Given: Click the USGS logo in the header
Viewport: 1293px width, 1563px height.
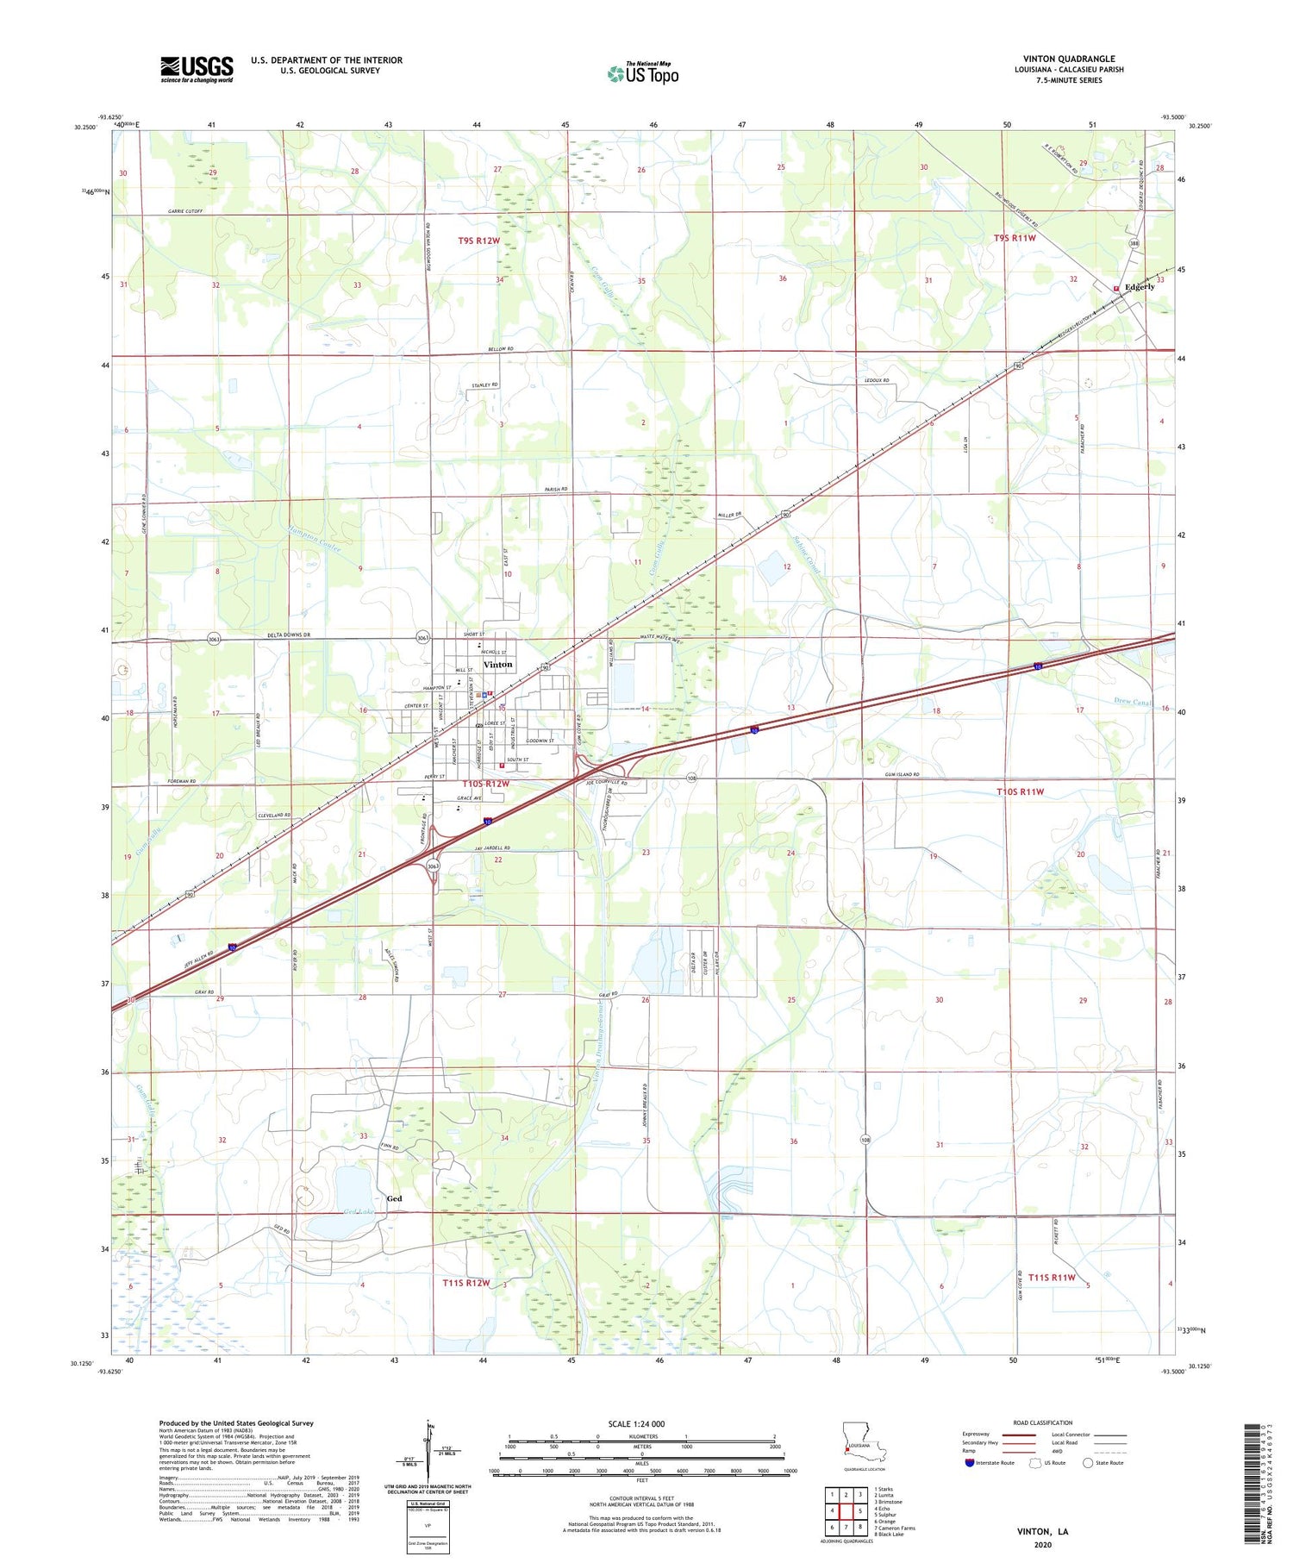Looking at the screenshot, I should click(x=196, y=69).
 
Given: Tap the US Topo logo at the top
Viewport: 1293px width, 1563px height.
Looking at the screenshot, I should click(x=643, y=73).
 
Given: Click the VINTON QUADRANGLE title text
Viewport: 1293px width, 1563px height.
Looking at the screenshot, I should click(x=1069, y=59).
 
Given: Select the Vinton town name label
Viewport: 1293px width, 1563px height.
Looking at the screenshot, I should click(x=497, y=665).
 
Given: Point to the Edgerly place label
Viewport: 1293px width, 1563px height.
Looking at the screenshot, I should click(x=1139, y=286).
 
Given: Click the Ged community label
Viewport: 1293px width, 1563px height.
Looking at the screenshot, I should click(x=395, y=1198).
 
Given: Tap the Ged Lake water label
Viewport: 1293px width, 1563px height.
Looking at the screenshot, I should click(x=340, y=1211).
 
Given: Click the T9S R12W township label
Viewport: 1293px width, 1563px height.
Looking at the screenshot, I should click(x=478, y=241).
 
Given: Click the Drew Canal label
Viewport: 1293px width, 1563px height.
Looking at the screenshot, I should click(x=1132, y=702).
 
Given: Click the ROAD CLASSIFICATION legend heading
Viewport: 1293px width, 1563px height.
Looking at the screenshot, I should click(x=1043, y=1422).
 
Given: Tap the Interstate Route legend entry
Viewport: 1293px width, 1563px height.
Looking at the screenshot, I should click(x=991, y=1462).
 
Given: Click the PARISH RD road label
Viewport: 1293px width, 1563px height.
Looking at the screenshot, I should click(x=557, y=490).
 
